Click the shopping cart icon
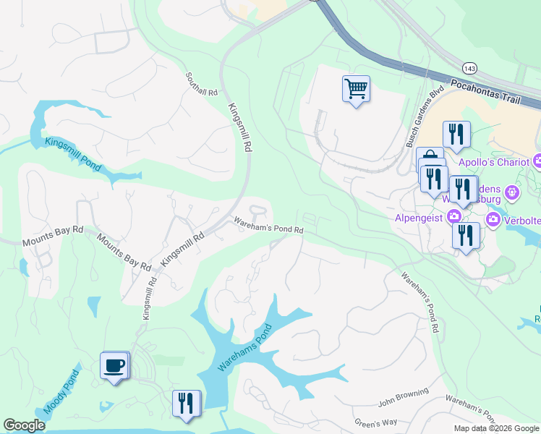355,89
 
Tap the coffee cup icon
114,365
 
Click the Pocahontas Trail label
495,94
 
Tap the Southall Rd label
202,85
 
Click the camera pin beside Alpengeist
453,216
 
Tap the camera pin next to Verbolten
494,218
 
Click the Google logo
24,425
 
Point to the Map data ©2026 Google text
496,428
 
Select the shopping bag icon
430,158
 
